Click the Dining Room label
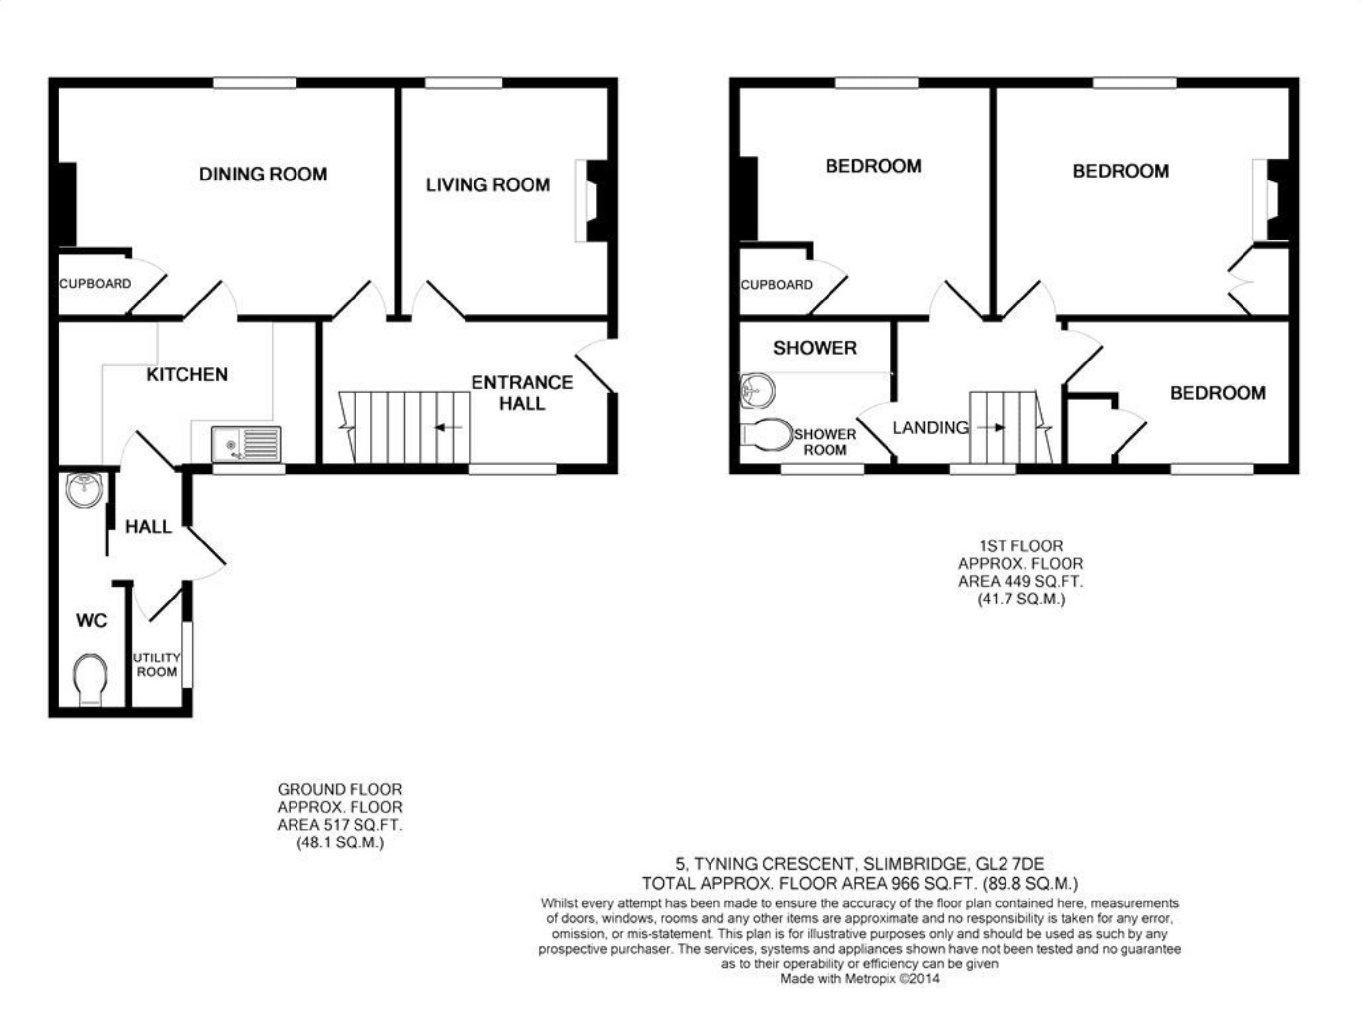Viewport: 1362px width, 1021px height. tap(263, 174)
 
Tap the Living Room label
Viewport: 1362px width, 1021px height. tap(488, 185)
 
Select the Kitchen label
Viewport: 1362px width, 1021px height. tap(187, 374)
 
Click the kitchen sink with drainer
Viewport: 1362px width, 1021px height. tap(245, 444)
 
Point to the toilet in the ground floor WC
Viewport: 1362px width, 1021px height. tap(89, 680)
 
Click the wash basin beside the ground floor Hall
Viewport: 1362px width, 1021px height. tap(85, 489)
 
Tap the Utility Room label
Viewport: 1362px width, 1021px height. tap(157, 664)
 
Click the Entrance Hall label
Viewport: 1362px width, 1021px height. tap(522, 393)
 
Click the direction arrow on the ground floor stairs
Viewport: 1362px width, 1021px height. tap(449, 427)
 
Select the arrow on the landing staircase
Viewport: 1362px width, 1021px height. tap(991, 427)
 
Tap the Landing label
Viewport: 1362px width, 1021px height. tap(930, 427)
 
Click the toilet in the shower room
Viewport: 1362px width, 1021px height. tap(766, 435)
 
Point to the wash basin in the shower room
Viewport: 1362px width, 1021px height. tap(757, 391)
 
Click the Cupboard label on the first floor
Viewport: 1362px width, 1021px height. tap(776, 285)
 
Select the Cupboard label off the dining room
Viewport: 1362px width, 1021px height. tap(95, 284)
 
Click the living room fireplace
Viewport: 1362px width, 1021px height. tap(591, 200)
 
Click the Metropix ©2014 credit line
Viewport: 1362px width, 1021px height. tap(860, 979)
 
